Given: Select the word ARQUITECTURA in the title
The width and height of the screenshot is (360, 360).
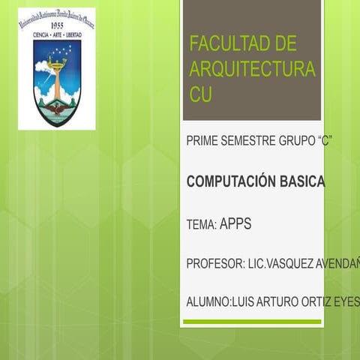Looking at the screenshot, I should pos(252,69).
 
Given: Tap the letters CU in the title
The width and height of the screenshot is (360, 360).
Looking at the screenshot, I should pos(201,95).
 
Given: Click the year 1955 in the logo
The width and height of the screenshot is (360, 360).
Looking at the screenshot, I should pos(56,24).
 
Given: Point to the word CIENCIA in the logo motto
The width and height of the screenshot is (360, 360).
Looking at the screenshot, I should pos(37,33).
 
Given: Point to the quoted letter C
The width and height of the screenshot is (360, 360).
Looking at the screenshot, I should pos(324,141).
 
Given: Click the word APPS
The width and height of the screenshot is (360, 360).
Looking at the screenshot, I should pos(235,223).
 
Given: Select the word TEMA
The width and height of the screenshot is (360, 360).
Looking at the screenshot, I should pos(199,224).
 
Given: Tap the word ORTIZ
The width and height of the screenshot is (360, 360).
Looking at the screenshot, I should pos(323,302).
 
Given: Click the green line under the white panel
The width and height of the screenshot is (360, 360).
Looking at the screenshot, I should pos(251,322).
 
